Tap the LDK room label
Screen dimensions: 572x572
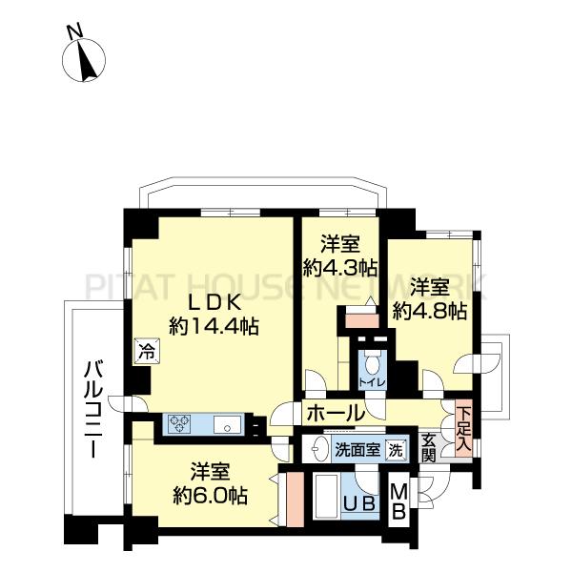[214, 303]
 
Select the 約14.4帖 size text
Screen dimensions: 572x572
[214, 326]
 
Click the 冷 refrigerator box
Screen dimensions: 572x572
[146, 351]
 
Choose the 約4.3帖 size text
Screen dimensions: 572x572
[340, 268]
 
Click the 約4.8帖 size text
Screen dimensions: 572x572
[430, 311]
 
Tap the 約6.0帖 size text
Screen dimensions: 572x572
[211, 495]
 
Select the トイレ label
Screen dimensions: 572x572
[372, 382]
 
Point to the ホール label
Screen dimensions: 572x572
[336, 414]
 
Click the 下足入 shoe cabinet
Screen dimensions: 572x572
[463, 428]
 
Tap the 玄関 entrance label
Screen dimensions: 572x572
[428, 448]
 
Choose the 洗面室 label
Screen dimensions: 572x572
[357, 450]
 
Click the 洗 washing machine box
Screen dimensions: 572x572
[396, 449]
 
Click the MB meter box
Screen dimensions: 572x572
[398, 500]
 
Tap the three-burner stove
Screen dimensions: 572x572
[179, 423]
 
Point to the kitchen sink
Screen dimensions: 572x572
[227, 424]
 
